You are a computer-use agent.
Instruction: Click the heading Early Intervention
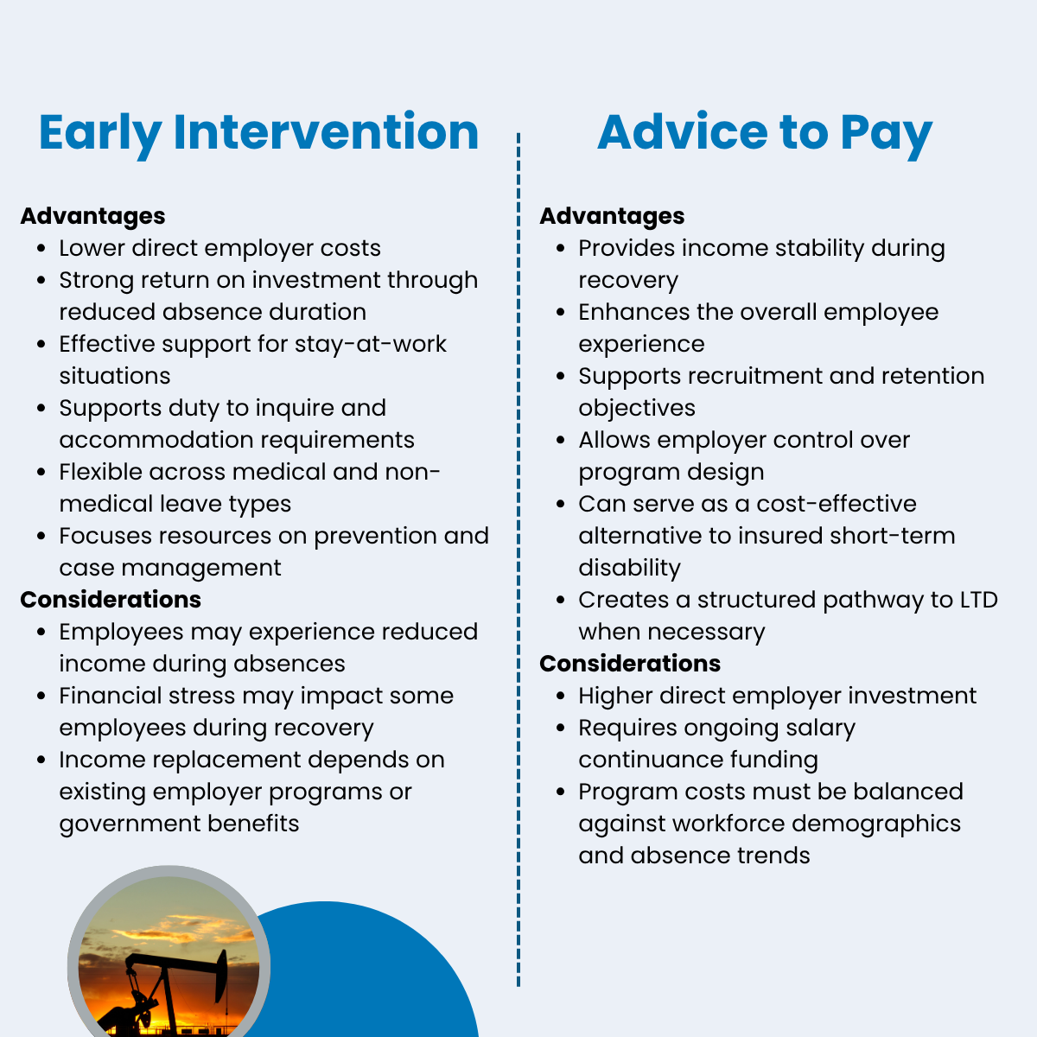[259, 133]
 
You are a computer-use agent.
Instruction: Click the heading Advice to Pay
[765, 133]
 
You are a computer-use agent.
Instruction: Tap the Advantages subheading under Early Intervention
[92, 216]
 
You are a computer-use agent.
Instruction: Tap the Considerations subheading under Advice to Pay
[630, 664]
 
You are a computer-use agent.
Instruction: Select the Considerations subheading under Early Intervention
[111, 600]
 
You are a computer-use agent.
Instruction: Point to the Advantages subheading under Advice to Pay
[612, 216]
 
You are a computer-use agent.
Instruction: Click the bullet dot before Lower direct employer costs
[41, 249]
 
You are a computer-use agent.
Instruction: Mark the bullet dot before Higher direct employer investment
[561, 697]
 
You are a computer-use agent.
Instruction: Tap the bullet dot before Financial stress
[41, 697]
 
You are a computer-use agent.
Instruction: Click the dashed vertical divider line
[518, 560]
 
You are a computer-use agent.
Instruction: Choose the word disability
[630, 569]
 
